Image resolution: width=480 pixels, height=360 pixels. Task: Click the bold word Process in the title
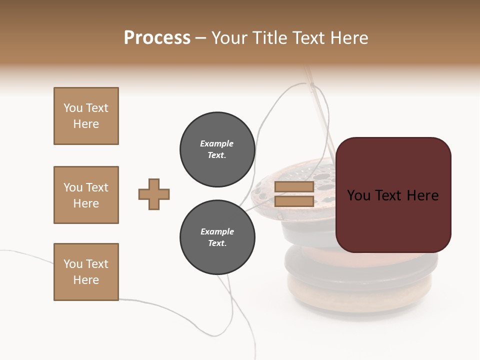[x=157, y=38]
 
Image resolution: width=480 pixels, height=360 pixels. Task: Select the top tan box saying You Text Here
[x=86, y=116]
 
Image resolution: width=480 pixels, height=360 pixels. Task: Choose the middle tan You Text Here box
[x=86, y=195]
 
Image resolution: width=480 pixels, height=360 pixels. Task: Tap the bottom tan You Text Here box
[x=86, y=272]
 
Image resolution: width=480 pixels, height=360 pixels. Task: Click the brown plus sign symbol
[x=154, y=194]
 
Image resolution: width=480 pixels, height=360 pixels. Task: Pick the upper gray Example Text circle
[x=217, y=149]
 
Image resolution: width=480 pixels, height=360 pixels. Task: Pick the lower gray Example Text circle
[x=217, y=237]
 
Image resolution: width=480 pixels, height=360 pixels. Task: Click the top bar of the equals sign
[x=294, y=187]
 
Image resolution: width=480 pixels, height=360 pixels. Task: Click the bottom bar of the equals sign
[x=294, y=201]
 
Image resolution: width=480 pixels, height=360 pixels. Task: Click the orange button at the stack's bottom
[x=360, y=295]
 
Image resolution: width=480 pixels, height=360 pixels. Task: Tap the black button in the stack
[x=360, y=265]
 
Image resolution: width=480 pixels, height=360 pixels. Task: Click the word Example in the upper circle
[x=217, y=143]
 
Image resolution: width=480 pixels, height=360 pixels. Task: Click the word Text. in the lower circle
[x=217, y=243]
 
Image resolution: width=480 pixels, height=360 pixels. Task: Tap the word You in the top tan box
[x=72, y=108]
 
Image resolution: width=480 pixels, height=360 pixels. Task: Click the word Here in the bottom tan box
[x=86, y=280]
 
